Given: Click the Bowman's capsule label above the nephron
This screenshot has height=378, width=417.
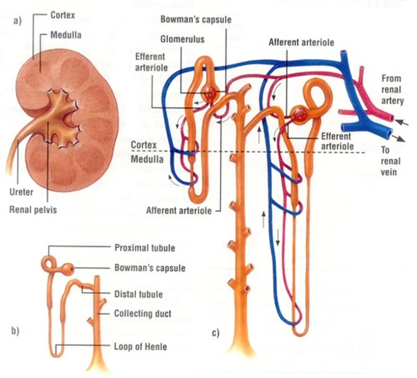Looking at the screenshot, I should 196,20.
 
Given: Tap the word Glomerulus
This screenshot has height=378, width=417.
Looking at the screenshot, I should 182,39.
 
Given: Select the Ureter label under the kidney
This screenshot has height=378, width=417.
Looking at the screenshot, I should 21,192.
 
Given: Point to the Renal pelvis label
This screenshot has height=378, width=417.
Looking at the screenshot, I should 33,209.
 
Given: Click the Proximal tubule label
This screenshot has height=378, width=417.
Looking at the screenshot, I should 145,248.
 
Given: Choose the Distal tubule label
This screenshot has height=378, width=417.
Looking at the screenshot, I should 139,294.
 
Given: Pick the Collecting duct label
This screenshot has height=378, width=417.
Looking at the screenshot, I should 143,313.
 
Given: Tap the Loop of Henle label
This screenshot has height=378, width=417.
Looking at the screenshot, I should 140,347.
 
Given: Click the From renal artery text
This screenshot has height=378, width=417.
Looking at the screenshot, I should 392,89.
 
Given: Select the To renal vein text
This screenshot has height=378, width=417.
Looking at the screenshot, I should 390,161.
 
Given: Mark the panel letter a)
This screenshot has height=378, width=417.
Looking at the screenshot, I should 17,21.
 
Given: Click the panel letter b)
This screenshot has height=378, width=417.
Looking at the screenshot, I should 15,331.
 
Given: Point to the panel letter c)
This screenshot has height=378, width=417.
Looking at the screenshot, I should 216,333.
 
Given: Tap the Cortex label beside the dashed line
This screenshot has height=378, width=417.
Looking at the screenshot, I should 144,145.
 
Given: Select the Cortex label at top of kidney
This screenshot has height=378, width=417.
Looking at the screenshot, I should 63,15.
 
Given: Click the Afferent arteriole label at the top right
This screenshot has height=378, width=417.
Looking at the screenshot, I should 301,42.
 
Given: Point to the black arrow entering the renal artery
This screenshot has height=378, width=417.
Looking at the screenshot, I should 402,122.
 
